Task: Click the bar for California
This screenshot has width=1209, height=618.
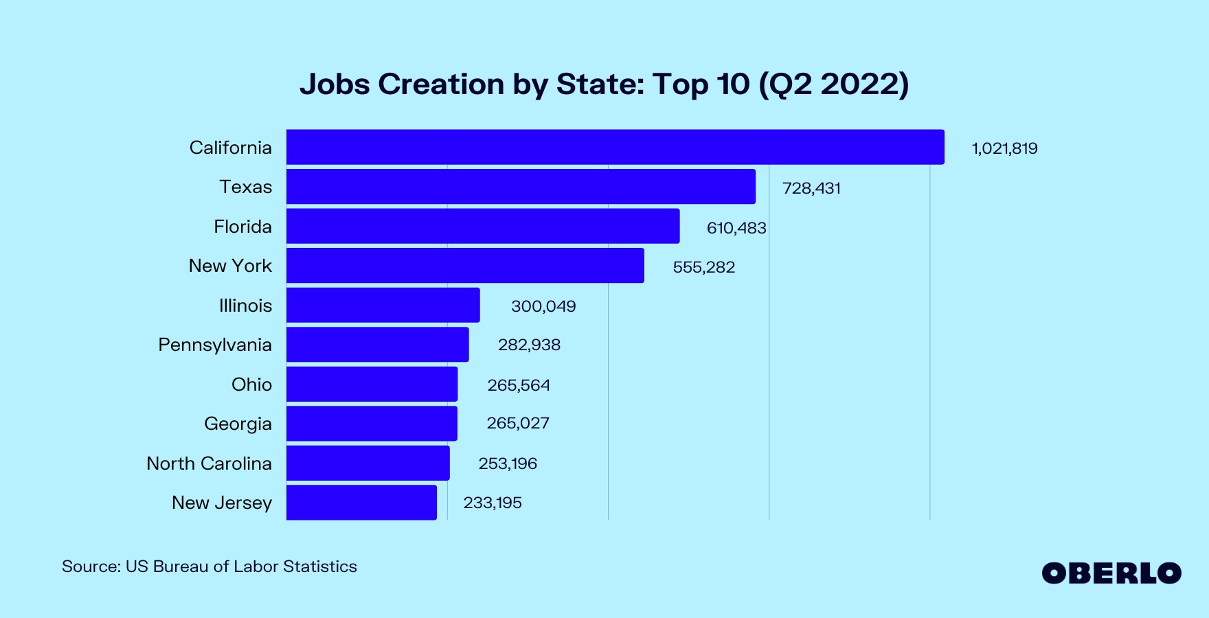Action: click(x=615, y=147)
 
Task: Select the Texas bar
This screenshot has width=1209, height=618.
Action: click(x=521, y=187)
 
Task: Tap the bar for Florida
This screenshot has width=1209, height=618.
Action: click(x=483, y=226)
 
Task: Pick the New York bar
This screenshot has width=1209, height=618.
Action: click(x=465, y=266)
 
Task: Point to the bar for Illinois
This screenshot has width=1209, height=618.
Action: click(x=383, y=305)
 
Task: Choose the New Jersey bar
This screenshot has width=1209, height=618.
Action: click(x=361, y=503)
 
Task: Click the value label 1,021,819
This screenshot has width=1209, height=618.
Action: click(x=1004, y=148)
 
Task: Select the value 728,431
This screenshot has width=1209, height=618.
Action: click(x=811, y=188)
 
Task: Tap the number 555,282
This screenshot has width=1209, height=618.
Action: click(x=703, y=267)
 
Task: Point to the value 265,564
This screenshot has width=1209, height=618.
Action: click(x=519, y=385)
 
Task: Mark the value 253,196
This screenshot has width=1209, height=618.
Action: click(x=508, y=463)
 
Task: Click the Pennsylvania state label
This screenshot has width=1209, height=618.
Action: click(x=215, y=345)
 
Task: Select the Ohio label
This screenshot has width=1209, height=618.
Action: click(x=251, y=385)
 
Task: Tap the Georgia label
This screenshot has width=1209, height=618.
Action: click(x=238, y=424)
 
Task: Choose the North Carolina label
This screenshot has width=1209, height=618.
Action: click(x=209, y=463)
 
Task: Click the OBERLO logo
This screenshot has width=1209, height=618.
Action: click(x=1111, y=573)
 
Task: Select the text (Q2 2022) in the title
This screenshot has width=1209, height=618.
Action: click(x=834, y=84)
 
